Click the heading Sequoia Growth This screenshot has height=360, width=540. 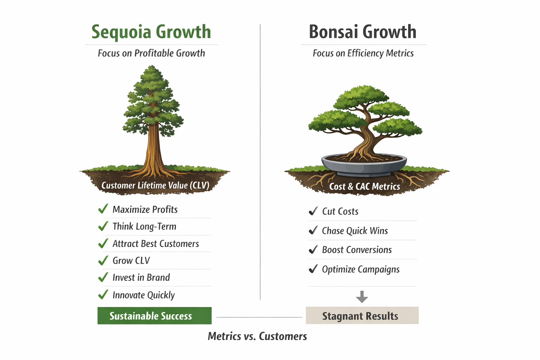pyautogui.click(x=151, y=32)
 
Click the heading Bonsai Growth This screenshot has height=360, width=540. pyautogui.click(x=362, y=32)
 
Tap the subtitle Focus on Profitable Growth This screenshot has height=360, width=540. pyautogui.click(x=151, y=53)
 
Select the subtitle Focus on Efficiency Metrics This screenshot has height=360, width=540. pyautogui.click(x=363, y=53)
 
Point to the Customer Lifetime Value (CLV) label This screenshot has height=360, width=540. pyautogui.click(x=155, y=185)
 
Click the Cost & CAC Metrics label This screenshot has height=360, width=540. pyautogui.click(x=365, y=186)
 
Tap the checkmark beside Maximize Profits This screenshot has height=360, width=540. pyautogui.click(x=103, y=209)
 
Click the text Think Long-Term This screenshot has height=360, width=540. pyautogui.click(x=144, y=226)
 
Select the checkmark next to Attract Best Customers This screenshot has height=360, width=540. pyautogui.click(x=103, y=243)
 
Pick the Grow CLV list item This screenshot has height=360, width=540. pyautogui.click(x=131, y=261)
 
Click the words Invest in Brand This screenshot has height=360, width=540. pyautogui.click(x=141, y=277)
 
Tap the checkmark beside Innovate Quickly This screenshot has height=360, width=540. pyautogui.click(x=103, y=294)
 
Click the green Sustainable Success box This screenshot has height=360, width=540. pyautogui.click(x=154, y=316)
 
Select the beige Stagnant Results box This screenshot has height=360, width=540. pyautogui.click(x=362, y=315)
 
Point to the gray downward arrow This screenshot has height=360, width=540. pyautogui.click(x=362, y=297)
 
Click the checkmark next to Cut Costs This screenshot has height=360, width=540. pyautogui.click(x=313, y=211)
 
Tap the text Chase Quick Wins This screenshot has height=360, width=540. pyautogui.click(x=355, y=231)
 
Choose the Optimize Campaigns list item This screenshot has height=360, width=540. pyautogui.click(x=361, y=269)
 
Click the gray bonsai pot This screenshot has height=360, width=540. pyautogui.click(x=364, y=166)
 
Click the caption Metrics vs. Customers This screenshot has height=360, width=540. pyautogui.click(x=257, y=336)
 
